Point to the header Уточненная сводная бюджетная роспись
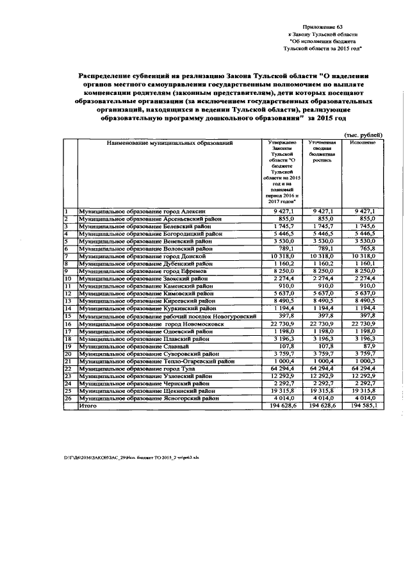(322, 151)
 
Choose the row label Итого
(86, 406)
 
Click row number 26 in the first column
(68, 398)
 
